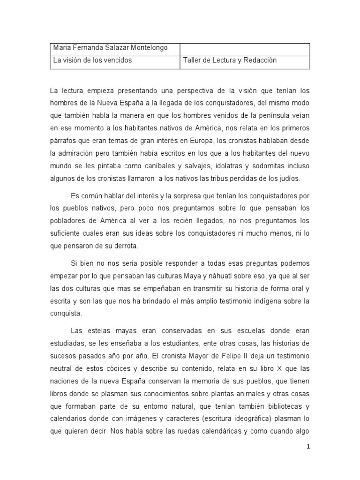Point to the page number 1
(307, 447)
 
